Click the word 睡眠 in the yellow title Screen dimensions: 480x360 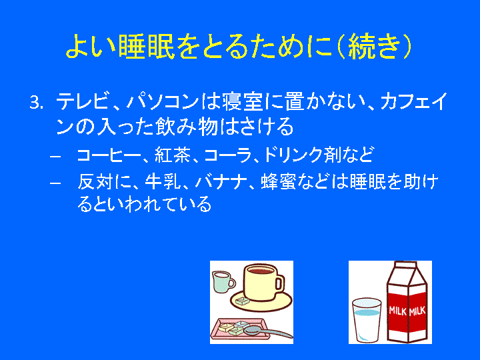click(x=146, y=46)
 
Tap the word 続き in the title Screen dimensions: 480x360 click(x=375, y=46)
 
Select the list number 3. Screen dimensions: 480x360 click(x=36, y=103)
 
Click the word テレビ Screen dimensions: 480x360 click(x=82, y=101)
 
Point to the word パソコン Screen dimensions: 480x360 click(x=163, y=101)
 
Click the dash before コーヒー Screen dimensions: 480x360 click(x=55, y=156)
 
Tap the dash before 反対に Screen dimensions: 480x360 click(x=55, y=183)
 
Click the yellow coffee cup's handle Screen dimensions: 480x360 click(x=281, y=283)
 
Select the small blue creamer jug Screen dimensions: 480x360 click(x=223, y=281)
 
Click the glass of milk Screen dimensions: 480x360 click(x=367, y=319)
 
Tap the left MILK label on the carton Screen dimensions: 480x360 click(x=397, y=311)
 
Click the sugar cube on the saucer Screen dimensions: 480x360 click(x=243, y=301)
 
